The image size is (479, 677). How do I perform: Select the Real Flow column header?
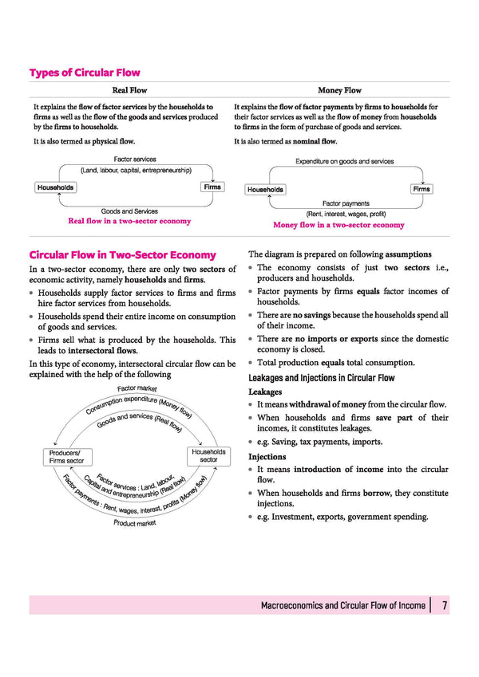(129, 91)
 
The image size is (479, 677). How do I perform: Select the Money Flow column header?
(339, 91)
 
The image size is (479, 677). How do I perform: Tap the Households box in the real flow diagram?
(55, 187)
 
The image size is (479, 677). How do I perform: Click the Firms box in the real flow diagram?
(212, 187)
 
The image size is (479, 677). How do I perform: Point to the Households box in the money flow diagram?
(265, 190)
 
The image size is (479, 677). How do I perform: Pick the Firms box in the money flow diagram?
(422, 189)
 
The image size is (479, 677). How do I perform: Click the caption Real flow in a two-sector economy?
(129, 221)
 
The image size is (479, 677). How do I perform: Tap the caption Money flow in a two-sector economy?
(338, 225)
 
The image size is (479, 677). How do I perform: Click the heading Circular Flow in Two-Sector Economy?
(122, 255)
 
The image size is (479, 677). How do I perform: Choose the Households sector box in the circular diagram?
(208, 455)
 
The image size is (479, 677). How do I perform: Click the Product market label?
(135, 523)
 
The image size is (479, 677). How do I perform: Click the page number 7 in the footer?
(445, 606)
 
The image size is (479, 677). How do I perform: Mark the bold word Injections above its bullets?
(267, 457)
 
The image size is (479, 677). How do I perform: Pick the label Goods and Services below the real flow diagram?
(129, 211)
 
